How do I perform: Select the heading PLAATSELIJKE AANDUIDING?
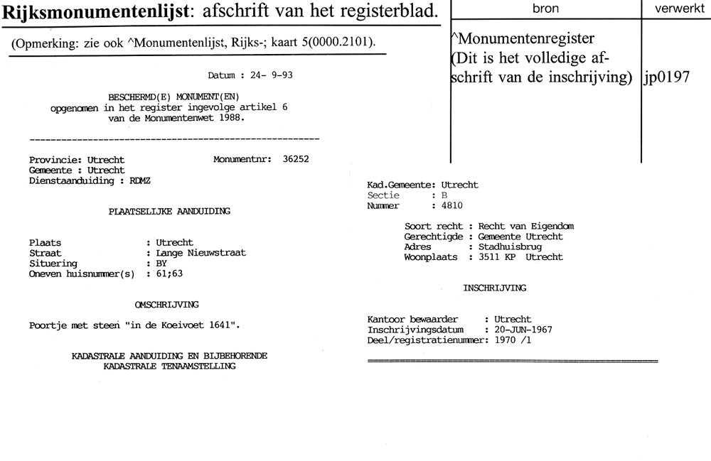[x=169, y=211]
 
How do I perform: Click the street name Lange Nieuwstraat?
[x=196, y=253]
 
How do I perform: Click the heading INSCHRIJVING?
[x=495, y=288]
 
